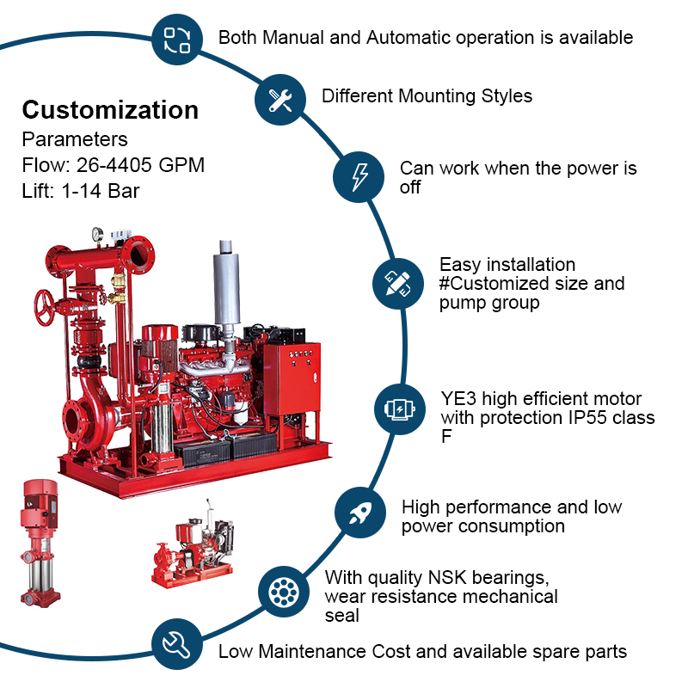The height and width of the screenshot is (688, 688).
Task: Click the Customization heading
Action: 110,110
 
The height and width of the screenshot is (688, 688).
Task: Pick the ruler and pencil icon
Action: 397,283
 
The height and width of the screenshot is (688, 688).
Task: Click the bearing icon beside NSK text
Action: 283,592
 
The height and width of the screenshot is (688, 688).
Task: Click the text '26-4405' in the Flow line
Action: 117,165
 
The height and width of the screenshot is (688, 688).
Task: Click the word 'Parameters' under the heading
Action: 75,139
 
